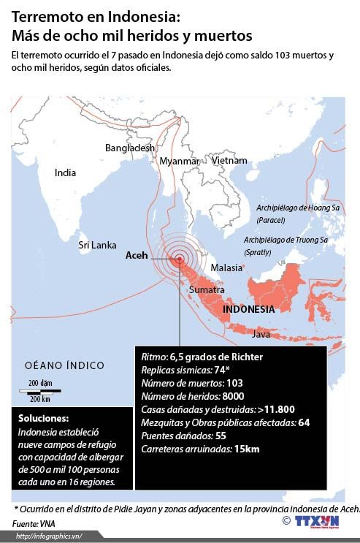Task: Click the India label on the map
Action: (x=65, y=173)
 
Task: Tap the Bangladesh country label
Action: (x=130, y=148)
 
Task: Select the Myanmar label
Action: (x=179, y=161)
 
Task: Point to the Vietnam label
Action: (x=229, y=160)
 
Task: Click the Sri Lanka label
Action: (x=97, y=246)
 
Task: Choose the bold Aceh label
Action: (x=137, y=256)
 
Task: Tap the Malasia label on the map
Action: (x=226, y=267)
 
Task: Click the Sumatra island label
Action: (x=207, y=290)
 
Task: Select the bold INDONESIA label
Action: (x=248, y=309)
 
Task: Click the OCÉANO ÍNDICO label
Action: (x=64, y=365)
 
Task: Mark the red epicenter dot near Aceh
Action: (x=179, y=257)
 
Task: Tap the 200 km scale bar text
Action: (x=39, y=399)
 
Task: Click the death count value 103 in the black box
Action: (x=234, y=383)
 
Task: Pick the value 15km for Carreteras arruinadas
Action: (x=246, y=449)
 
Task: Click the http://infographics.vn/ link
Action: (x=47, y=536)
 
